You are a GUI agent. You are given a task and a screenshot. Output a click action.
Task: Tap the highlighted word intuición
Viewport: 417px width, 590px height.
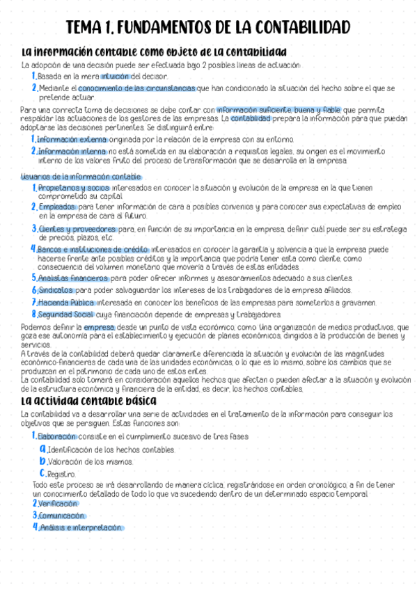[x=114, y=76]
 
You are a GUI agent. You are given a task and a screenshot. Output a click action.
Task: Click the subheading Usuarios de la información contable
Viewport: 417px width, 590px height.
[x=81, y=177]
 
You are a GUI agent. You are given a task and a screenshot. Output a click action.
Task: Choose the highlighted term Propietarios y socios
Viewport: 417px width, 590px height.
[x=73, y=188]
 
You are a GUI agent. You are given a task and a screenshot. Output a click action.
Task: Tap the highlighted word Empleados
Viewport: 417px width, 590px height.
[x=58, y=207]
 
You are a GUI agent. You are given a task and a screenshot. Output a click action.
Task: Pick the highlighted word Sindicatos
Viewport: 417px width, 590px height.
[x=56, y=290]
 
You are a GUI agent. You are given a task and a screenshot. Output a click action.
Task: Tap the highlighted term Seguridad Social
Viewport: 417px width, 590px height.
[x=65, y=314]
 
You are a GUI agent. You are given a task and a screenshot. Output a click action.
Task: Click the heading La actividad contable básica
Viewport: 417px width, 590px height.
[x=89, y=401]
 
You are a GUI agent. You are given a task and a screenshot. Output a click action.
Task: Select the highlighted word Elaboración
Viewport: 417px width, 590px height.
[x=57, y=436]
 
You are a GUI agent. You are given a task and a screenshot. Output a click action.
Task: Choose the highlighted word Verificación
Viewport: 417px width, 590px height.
[x=58, y=503]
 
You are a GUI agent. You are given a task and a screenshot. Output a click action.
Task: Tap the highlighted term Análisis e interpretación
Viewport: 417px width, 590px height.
[x=81, y=527]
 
